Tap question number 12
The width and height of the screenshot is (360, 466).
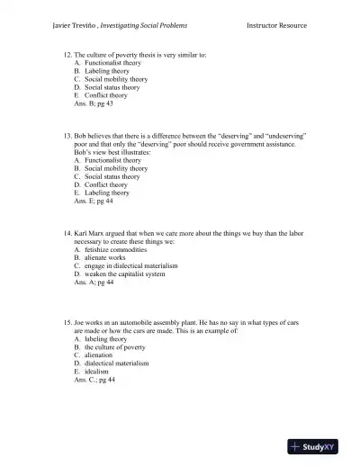67,56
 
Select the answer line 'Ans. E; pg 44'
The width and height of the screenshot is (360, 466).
94,201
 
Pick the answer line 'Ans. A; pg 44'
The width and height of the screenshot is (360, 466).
94,282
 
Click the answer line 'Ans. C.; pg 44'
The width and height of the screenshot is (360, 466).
95,380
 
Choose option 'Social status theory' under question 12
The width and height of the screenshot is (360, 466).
112,87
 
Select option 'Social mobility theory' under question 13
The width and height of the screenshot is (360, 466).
116,168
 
